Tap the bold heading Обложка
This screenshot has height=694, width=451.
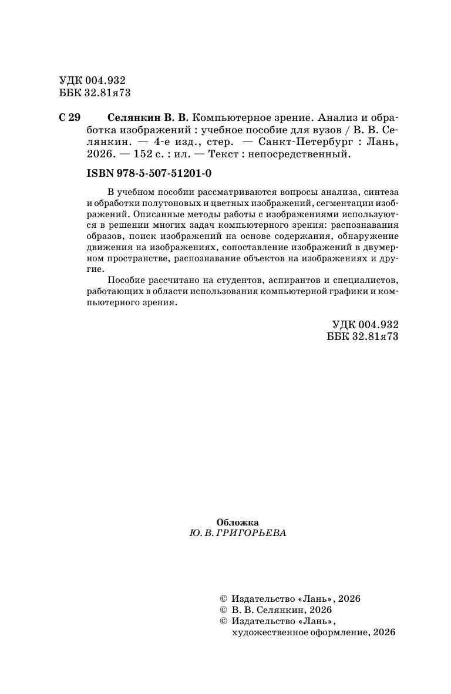(237, 521)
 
